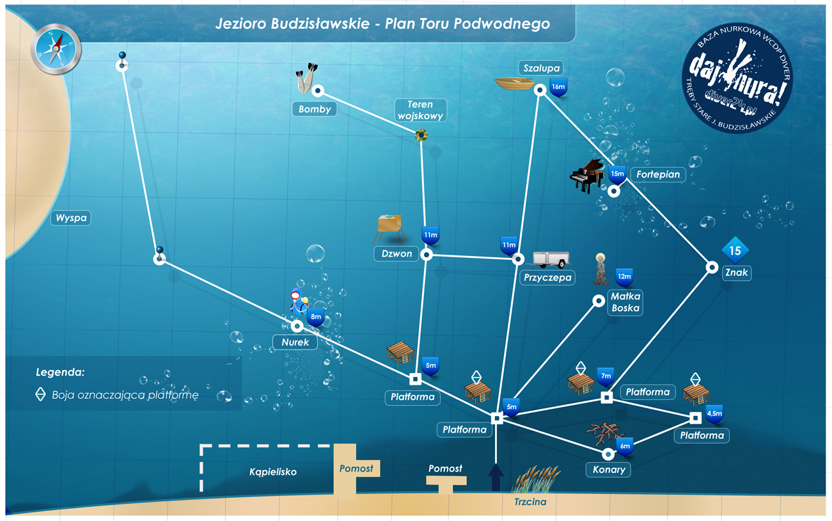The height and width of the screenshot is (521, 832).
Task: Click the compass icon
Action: point(56,49)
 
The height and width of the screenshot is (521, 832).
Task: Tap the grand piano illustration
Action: point(588,176)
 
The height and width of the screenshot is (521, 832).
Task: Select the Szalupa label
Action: point(541,68)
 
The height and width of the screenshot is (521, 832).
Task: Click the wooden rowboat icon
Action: point(514,83)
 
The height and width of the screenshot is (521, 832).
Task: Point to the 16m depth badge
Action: point(558,87)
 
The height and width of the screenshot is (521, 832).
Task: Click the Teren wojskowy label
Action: point(420,110)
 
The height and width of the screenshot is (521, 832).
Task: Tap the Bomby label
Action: point(315,109)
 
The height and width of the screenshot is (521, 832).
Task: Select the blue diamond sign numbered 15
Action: point(735,251)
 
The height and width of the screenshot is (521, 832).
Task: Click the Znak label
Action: point(737,273)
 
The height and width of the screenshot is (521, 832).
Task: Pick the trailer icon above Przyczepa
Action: point(551,259)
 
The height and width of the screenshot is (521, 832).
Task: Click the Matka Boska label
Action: point(625,302)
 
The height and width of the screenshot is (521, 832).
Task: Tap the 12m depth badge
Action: point(624,277)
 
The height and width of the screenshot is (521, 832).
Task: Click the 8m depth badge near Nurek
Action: point(316,317)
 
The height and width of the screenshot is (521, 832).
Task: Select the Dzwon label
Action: point(396,254)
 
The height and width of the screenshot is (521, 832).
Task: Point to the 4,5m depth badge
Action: point(714,414)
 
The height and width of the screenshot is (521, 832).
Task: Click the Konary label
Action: point(608,469)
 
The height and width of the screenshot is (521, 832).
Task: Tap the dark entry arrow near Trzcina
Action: point(496,477)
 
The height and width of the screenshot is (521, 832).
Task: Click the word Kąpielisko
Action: point(273,472)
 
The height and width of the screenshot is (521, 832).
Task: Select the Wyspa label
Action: point(71,218)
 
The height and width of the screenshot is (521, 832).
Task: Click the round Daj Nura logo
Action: point(737,79)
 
